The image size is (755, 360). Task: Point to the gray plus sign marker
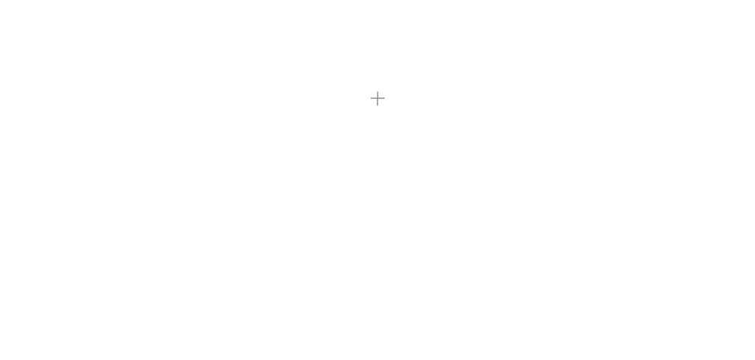377,98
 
